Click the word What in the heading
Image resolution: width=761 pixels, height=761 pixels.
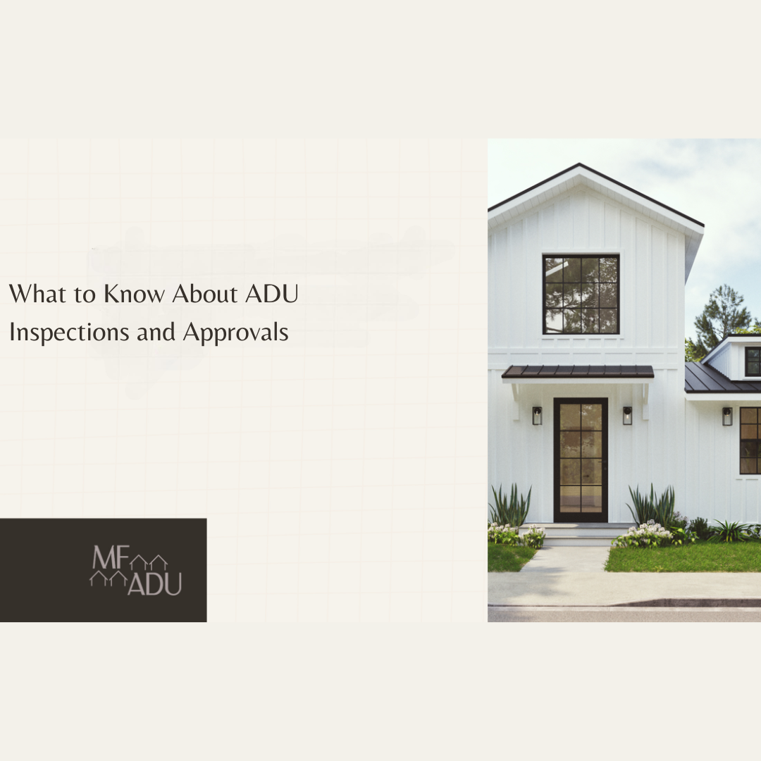click(33, 294)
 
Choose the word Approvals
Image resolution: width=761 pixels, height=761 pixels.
click(235, 333)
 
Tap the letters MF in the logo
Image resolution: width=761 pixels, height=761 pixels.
click(107, 557)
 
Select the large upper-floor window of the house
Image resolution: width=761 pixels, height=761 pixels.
click(581, 294)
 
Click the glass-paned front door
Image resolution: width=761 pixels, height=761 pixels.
click(580, 459)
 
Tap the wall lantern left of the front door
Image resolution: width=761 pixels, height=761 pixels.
click(537, 416)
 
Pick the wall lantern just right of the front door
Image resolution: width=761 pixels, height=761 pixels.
click(627, 416)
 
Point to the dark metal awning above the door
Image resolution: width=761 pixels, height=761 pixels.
click(578, 371)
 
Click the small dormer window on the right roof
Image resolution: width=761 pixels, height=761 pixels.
click(753, 361)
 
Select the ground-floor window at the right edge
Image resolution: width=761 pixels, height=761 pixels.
click(750, 440)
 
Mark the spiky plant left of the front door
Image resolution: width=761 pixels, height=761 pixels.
click(510, 506)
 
